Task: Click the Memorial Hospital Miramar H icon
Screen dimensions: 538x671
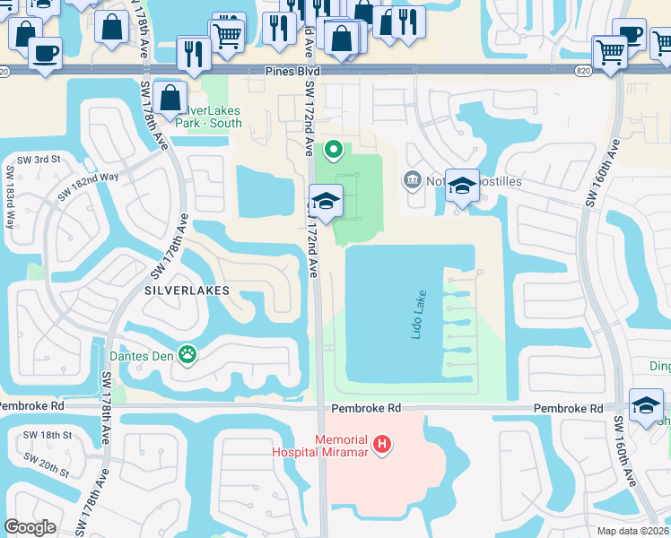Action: point(383,443)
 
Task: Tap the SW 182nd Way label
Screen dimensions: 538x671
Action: point(87,186)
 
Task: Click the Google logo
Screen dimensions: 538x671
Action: point(30,527)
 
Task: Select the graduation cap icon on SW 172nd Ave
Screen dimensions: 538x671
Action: point(327,200)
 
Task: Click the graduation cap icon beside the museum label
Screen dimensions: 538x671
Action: point(462,186)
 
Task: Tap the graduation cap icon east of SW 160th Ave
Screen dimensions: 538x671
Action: point(646,405)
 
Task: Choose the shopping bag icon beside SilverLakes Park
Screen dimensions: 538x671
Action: point(170,98)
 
